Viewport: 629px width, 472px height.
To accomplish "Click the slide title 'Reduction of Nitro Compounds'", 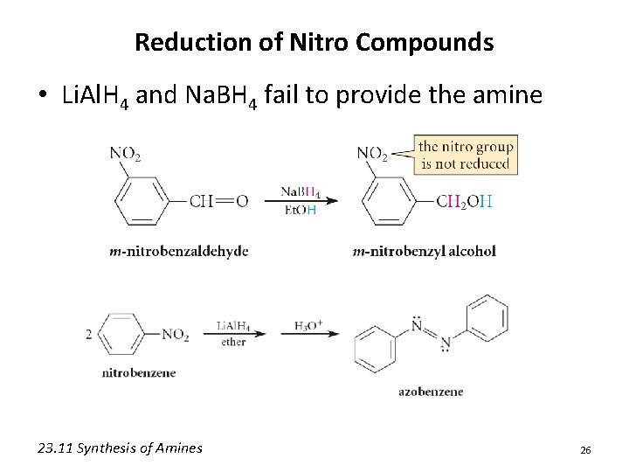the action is coord(314,42).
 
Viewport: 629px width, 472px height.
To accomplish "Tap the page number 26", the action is coord(585,449).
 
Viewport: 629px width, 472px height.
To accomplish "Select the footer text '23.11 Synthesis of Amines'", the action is coord(121,448).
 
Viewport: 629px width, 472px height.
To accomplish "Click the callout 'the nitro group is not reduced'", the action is coord(464,155).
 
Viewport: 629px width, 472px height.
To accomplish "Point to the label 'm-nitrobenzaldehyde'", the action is coord(179,252).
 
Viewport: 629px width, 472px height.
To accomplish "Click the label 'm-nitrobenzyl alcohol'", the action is coord(424,252).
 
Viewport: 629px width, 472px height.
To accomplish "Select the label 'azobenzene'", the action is coord(431,392).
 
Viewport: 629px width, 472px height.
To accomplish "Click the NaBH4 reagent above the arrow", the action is coord(301,192).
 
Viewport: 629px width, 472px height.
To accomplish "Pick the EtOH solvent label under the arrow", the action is coord(299,210).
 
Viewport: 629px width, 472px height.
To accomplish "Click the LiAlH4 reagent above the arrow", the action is coord(233,327).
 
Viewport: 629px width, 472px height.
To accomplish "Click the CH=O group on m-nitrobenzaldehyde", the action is coord(218,202).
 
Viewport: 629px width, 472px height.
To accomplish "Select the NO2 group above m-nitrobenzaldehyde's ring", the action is coord(126,154).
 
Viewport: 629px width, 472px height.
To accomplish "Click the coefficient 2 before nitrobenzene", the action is coord(89,335).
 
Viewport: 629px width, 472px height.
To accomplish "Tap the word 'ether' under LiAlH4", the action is coord(233,343).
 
